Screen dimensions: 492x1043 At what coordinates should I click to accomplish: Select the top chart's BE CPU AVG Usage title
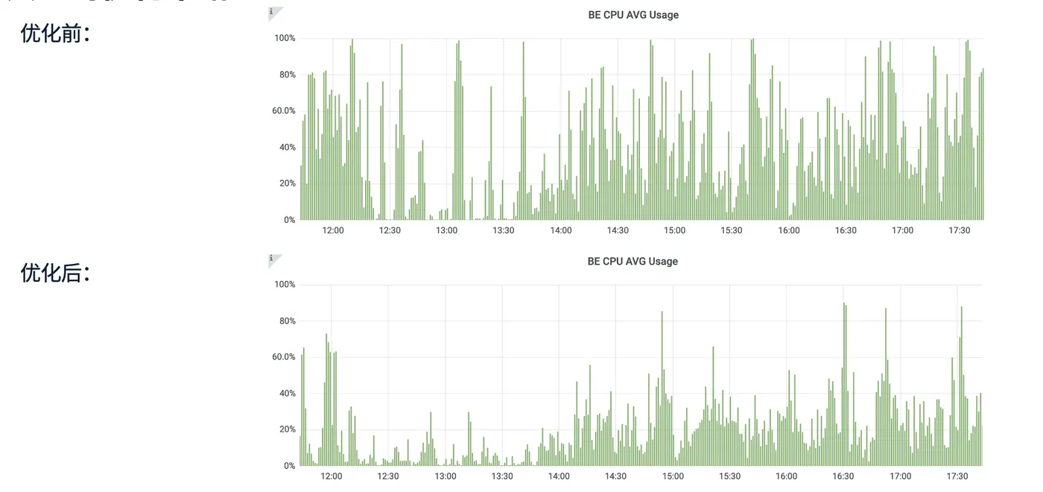pyautogui.click(x=633, y=15)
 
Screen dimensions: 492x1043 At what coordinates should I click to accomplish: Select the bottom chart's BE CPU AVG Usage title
pyautogui.click(x=633, y=262)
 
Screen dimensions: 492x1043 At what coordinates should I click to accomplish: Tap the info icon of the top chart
pyautogui.click(x=272, y=12)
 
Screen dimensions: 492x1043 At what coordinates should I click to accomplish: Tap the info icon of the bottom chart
pyautogui.click(x=272, y=259)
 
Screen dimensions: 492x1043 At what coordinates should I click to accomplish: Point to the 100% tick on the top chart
pyautogui.click(x=285, y=38)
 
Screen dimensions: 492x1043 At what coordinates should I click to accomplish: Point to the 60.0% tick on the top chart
pyautogui.click(x=283, y=111)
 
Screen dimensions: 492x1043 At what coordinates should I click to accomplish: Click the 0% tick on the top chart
pyautogui.click(x=288, y=220)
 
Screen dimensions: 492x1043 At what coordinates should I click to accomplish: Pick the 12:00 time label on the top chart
pyautogui.click(x=333, y=230)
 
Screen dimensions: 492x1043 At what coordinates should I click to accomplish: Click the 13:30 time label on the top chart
pyautogui.click(x=504, y=230)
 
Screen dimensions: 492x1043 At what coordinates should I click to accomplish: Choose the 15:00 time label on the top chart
pyautogui.click(x=674, y=230)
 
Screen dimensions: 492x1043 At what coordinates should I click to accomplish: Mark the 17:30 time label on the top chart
pyautogui.click(x=960, y=230)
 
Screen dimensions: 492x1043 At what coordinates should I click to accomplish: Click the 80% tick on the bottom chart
pyautogui.click(x=285, y=321)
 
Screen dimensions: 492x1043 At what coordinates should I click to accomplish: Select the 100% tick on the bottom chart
pyautogui.click(x=285, y=285)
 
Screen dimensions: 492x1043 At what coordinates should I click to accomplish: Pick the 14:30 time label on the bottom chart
pyautogui.click(x=615, y=476)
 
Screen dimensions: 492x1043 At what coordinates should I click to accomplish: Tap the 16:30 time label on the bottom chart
pyautogui.click(x=843, y=476)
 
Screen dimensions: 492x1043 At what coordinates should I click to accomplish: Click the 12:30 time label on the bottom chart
pyautogui.click(x=387, y=476)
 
